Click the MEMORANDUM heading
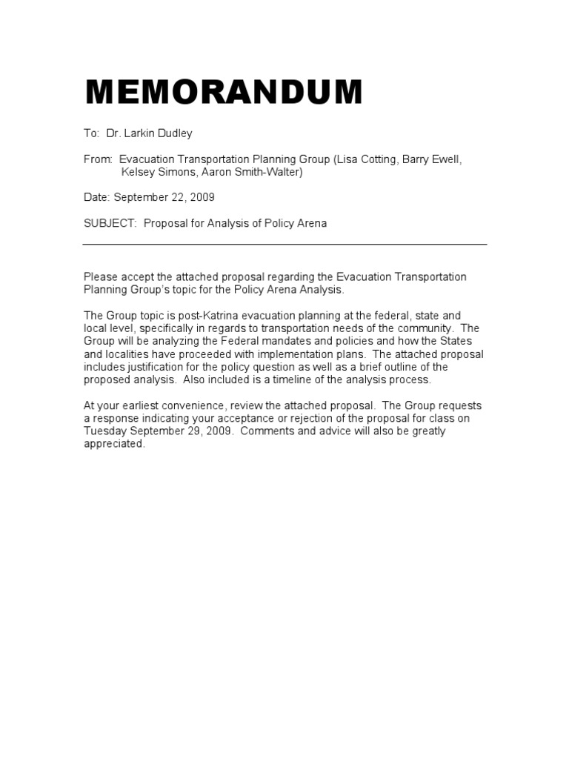(x=224, y=93)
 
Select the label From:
(x=98, y=159)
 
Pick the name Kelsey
(x=139, y=172)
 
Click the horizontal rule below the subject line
(x=284, y=244)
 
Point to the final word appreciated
(x=114, y=444)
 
